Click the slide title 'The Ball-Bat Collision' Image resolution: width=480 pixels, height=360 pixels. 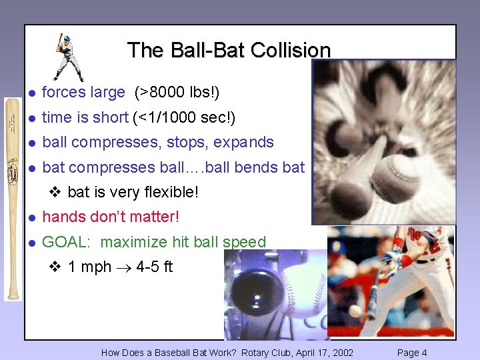(x=229, y=50)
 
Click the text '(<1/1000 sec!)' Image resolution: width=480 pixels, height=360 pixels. (x=184, y=117)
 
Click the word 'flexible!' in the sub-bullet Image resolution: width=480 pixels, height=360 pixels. (x=170, y=192)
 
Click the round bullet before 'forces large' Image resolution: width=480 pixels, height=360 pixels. (x=31, y=93)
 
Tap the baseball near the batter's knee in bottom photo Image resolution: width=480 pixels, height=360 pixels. (x=355, y=310)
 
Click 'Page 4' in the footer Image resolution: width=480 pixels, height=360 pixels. (x=412, y=353)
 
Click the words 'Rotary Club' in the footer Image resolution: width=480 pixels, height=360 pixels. (x=265, y=353)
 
